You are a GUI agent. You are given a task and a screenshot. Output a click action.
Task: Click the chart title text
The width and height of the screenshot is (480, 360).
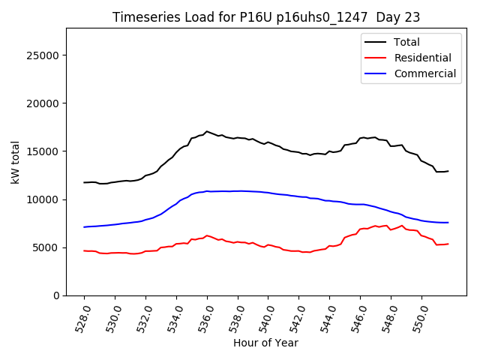(266, 17)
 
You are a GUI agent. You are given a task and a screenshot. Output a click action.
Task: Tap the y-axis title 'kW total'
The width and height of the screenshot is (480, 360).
(16, 162)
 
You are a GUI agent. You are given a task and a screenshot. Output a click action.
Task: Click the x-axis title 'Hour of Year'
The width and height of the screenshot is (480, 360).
(265, 343)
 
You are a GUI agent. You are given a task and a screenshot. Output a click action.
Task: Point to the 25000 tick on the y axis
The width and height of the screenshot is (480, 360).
(44, 55)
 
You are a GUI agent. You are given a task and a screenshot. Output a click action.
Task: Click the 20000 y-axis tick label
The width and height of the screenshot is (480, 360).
(44, 103)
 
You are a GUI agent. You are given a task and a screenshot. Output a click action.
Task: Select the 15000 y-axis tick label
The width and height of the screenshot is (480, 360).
(44, 151)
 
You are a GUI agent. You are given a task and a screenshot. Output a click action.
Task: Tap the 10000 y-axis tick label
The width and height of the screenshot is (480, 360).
(44, 199)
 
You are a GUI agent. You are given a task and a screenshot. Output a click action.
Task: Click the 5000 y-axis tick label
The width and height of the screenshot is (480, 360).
(47, 247)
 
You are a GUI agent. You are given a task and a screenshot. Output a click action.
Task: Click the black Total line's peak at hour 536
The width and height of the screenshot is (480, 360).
(207, 131)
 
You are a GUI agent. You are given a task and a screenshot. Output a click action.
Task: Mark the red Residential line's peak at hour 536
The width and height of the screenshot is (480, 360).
(207, 235)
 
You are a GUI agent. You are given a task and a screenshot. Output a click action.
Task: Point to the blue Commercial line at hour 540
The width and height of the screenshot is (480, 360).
(268, 193)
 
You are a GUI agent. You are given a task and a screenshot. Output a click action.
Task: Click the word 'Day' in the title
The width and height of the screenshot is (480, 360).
(384, 17)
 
